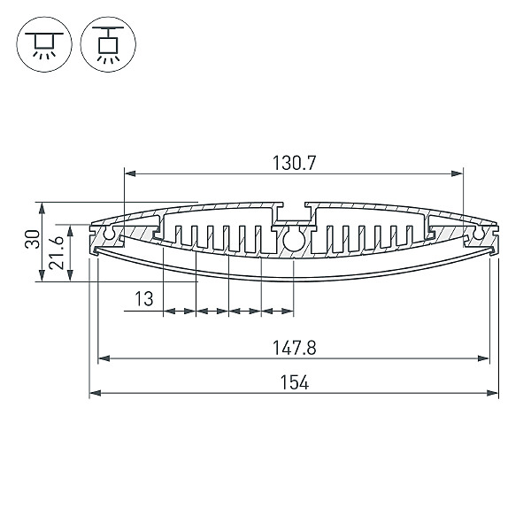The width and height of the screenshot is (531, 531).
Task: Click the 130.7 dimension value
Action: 294,163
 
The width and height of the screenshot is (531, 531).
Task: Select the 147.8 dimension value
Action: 295,348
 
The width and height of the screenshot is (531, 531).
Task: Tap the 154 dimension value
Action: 295,382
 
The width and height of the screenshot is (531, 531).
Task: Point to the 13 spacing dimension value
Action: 144,299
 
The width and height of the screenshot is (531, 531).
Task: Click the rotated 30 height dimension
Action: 33,239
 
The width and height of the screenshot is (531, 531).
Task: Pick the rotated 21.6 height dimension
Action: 57,252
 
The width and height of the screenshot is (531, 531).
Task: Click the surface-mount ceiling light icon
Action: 44,44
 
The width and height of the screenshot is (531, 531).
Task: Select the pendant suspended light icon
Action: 108,44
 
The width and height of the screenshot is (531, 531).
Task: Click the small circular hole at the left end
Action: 110,234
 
